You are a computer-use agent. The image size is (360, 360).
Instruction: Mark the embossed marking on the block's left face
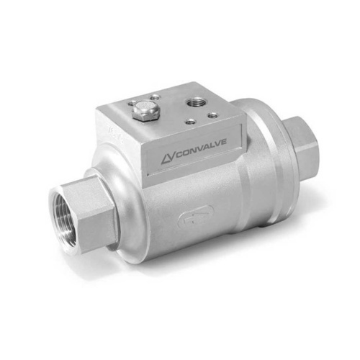(x=112, y=132)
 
